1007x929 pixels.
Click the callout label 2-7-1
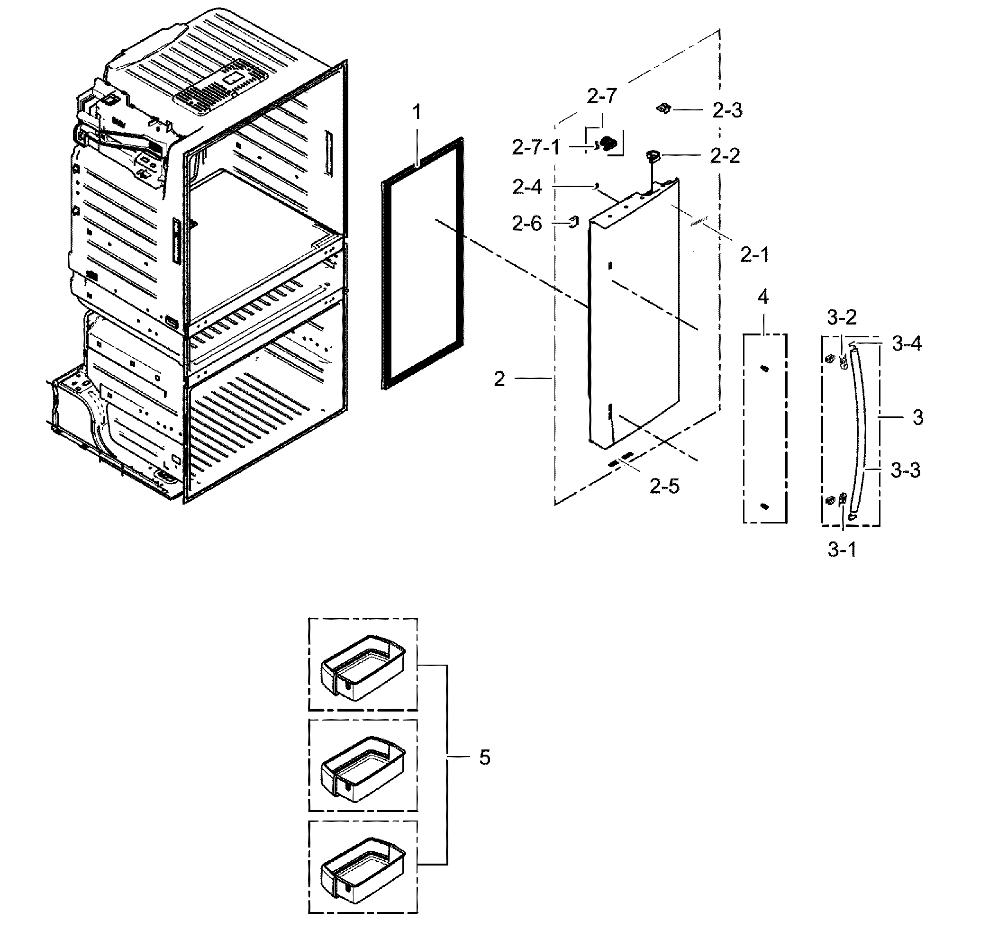(x=535, y=148)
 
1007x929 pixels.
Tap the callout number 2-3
(x=727, y=110)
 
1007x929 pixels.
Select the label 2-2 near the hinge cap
(x=725, y=156)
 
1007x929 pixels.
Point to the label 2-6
(x=527, y=224)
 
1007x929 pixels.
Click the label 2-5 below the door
(x=664, y=486)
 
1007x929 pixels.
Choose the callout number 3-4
(x=907, y=344)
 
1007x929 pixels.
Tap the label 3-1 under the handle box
(x=842, y=550)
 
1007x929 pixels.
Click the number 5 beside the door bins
(x=484, y=757)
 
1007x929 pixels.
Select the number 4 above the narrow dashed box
(x=762, y=298)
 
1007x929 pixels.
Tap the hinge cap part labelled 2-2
(x=653, y=155)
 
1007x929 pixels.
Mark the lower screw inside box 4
(x=765, y=506)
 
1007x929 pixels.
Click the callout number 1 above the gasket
(x=416, y=113)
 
